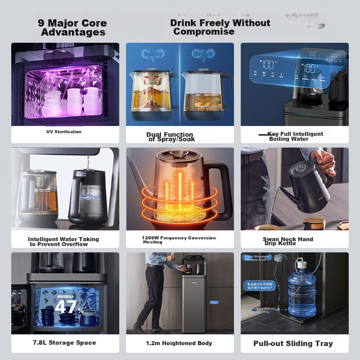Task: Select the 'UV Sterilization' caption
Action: tap(64, 132)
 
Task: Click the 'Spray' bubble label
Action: tap(153, 54)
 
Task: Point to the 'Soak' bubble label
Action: tap(203, 54)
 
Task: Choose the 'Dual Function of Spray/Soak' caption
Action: tap(170, 137)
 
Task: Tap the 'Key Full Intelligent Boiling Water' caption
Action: tap(295, 136)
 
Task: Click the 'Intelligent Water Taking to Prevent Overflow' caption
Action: tap(63, 242)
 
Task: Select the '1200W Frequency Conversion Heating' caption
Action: tap(179, 240)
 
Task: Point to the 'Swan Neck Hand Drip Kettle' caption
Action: tap(288, 241)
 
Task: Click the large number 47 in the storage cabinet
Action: tap(65, 307)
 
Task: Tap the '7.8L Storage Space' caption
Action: tap(64, 343)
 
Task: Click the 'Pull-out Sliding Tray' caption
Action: tap(293, 343)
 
